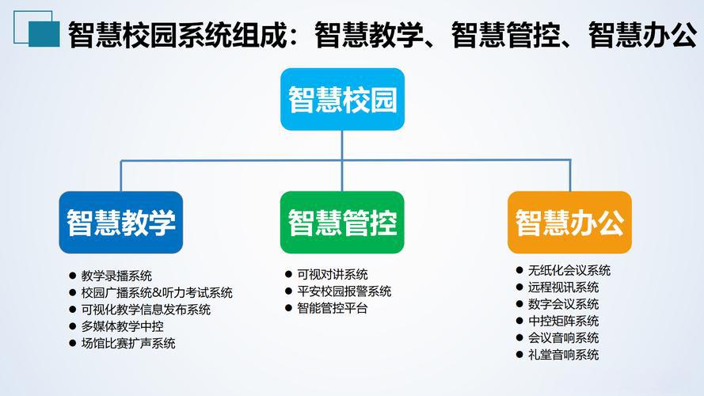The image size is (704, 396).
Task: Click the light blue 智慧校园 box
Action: click(342, 100)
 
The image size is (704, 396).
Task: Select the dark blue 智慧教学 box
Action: click(120, 223)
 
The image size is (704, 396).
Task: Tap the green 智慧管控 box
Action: click(342, 223)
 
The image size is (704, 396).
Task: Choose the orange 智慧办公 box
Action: click(569, 223)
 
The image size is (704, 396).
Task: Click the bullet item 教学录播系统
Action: click(116, 276)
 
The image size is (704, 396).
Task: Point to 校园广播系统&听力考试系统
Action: click(156, 293)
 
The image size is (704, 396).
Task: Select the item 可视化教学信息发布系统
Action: click(145, 310)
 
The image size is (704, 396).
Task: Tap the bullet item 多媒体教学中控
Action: click(122, 326)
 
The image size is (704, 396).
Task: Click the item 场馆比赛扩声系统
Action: click(127, 343)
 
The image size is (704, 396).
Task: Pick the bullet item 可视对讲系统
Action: click(333, 274)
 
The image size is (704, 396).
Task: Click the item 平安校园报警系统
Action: click(344, 291)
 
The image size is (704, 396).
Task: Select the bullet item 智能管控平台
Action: click(333, 308)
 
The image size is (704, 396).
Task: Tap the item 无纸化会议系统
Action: click(569, 270)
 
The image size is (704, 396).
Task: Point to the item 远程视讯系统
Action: click(563, 287)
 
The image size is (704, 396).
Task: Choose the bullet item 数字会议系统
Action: click(563, 304)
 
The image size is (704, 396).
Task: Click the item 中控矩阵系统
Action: click(563, 321)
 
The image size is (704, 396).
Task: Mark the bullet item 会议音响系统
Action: click(563, 338)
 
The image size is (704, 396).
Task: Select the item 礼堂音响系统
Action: click(563, 355)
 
